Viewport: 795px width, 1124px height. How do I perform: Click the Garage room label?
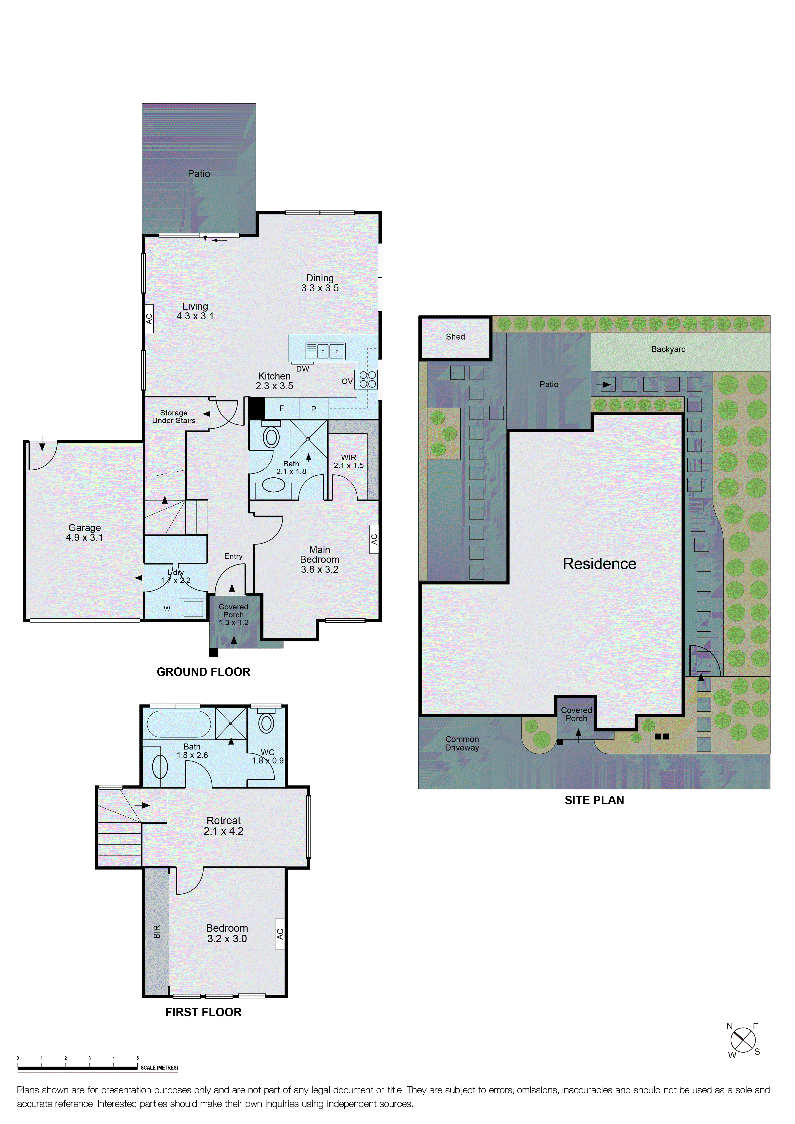click(x=84, y=532)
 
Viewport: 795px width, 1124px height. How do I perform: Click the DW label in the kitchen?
click(x=303, y=369)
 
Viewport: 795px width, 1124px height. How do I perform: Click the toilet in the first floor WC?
click(x=266, y=723)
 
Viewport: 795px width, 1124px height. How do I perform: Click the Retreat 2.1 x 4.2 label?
click(x=223, y=825)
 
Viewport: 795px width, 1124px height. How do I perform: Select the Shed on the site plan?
click(x=455, y=337)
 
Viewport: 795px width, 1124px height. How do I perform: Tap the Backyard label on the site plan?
click(x=668, y=349)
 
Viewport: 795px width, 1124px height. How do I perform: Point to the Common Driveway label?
click(x=462, y=743)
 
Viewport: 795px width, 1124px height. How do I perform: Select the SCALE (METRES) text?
click(x=159, y=1068)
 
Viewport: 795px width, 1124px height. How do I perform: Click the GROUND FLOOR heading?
click(x=203, y=672)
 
